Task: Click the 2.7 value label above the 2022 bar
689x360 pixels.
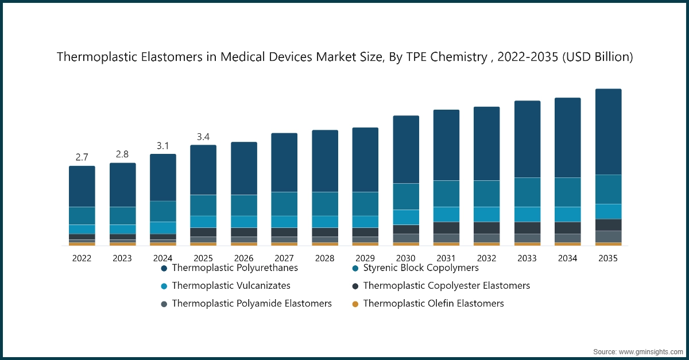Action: point(82,157)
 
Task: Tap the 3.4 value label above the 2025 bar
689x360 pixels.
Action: point(203,137)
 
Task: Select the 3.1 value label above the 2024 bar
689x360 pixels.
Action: point(163,146)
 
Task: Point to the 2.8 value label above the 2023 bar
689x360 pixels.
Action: point(122,154)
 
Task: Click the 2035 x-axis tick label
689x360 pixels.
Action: point(608,258)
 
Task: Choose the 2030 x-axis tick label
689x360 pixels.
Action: point(405,258)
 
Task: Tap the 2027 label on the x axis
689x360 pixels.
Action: point(284,258)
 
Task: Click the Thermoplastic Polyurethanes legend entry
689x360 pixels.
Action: point(235,268)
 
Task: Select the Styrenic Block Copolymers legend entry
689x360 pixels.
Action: point(421,268)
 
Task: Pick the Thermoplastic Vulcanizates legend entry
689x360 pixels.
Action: point(231,285)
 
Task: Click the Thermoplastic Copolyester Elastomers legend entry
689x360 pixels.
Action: point(446,285)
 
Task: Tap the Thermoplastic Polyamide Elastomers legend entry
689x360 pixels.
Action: point(251,303)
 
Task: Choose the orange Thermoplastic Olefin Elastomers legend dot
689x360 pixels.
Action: point(355,304)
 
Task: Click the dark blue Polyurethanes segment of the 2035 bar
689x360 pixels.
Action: point(608,131)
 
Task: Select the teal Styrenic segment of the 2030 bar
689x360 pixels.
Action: point(405,196)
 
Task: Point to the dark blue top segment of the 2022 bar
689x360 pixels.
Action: point(82,186)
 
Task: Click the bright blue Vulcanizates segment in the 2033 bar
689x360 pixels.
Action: point(527,214)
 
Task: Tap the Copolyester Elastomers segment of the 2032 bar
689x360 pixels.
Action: point(486,227)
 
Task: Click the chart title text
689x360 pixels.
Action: point(344,57)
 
